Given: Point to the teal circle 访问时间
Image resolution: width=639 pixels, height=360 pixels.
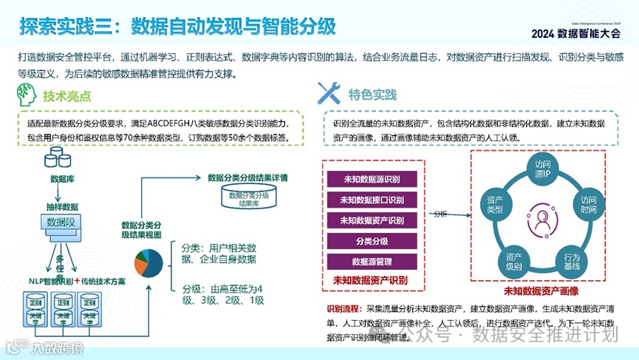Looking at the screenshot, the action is (x=588, y=205).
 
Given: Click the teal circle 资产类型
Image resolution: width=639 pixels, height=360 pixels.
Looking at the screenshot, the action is (x=496, y=205).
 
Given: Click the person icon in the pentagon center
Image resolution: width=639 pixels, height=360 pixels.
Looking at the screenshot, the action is (x=543, y=220).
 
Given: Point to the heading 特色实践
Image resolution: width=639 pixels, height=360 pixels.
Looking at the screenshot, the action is (x=372, y=95).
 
